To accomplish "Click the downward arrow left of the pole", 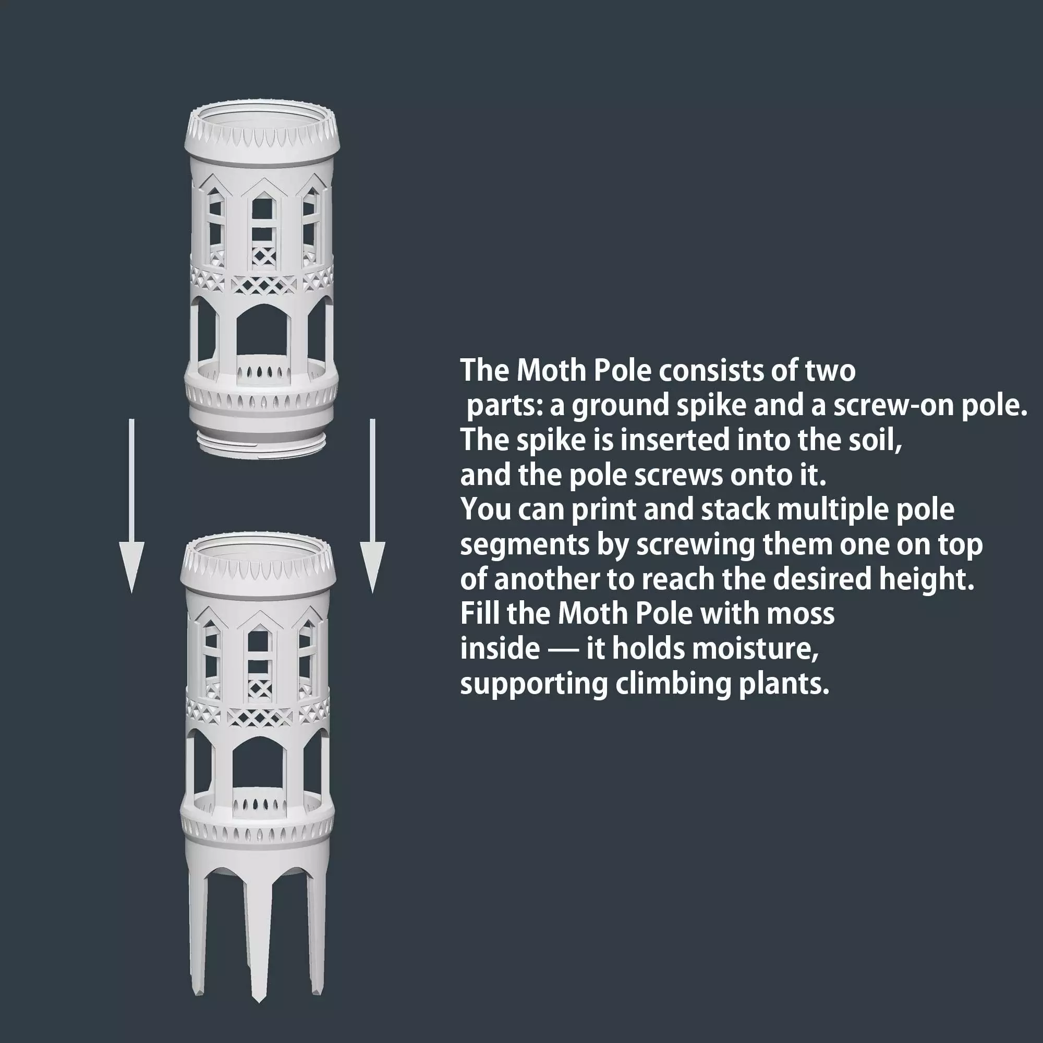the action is [x=131, y=506].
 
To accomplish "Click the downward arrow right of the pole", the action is [x=372, y=506].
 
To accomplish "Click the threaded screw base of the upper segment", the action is [x=261, y=444].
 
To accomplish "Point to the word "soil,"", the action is [x=877, y=441].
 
